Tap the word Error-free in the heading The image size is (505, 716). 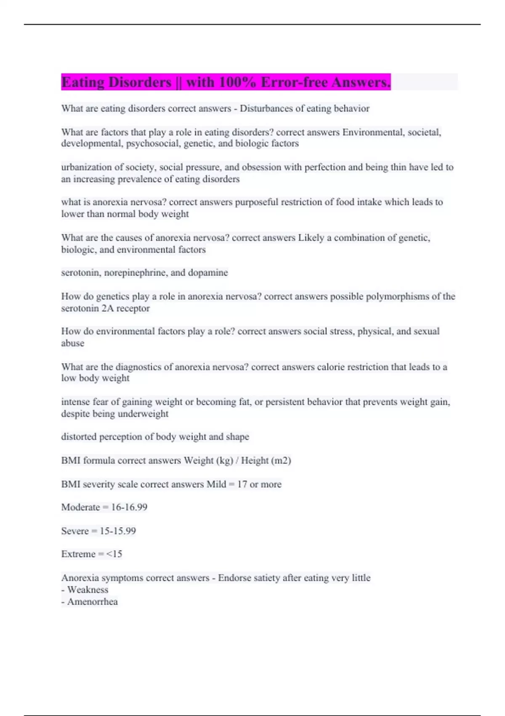click(294, 82)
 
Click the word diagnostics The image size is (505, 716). click(138, 367)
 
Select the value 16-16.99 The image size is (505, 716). click(129, 507)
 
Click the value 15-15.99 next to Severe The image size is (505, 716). click(118, 531)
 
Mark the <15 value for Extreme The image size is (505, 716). click(114, 554)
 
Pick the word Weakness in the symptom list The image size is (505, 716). click(88, 590)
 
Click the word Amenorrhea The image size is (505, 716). click(93, 602)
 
